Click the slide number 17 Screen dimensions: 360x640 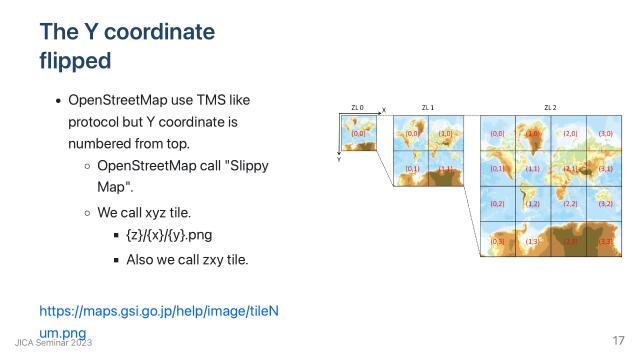tap(618, 341)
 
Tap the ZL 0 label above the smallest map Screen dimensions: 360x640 tap(357, 107)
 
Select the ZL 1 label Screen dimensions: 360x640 tap(427, 107)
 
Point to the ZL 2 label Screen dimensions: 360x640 tap(550, 107)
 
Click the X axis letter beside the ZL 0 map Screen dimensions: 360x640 tap(384, 111)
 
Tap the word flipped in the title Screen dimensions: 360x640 tap(75, 61)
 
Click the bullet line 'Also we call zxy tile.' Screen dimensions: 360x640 tap(187, 259)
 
